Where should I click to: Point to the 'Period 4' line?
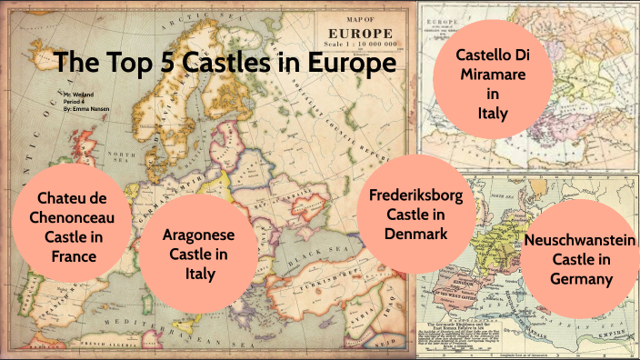click(x=76, y=101)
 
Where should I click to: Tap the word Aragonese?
click(x=200, y=234)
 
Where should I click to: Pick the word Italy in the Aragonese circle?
click(x=200, y=274)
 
